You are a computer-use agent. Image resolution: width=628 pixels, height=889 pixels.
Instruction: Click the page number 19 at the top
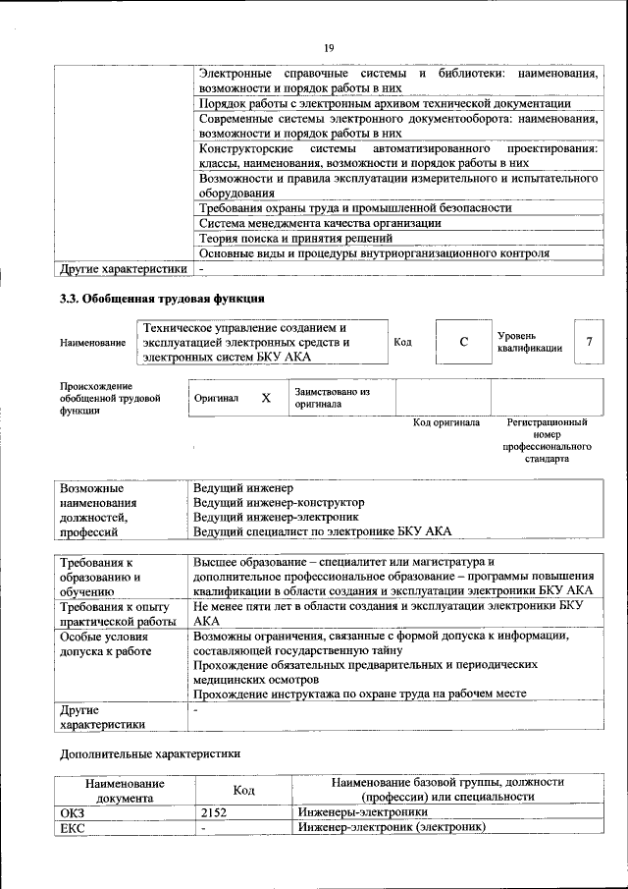pos(329,46)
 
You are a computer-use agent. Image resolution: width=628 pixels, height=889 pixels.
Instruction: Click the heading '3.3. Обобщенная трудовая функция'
pos(162,299)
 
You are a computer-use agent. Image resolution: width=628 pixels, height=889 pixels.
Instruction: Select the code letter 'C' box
pos(463,341)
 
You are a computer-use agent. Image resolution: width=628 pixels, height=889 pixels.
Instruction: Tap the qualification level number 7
pos(589,341)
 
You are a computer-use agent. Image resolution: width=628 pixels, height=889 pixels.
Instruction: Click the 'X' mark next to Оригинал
pos(265,398)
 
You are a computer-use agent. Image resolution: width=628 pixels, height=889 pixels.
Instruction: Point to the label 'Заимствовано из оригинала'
pos(332,398)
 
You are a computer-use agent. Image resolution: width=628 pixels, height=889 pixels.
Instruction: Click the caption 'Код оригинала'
pos(445,423)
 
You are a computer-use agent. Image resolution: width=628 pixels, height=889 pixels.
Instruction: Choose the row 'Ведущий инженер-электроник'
pos(276,517)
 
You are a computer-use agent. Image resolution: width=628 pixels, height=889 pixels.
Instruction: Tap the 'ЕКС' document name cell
pos(74,829)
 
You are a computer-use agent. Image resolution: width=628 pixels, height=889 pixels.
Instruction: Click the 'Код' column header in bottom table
pos(243,790)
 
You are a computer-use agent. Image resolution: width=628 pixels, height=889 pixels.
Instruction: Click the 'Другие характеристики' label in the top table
pos(123,268)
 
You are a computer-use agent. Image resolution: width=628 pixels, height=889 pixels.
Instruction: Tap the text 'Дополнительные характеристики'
pos(149,754)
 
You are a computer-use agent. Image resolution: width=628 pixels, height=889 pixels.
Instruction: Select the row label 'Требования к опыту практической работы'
pos(118,614)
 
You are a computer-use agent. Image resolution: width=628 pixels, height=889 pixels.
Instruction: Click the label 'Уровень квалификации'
pos(530,342)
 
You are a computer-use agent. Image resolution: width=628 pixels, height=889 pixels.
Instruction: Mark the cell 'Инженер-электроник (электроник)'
pos(392,829)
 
